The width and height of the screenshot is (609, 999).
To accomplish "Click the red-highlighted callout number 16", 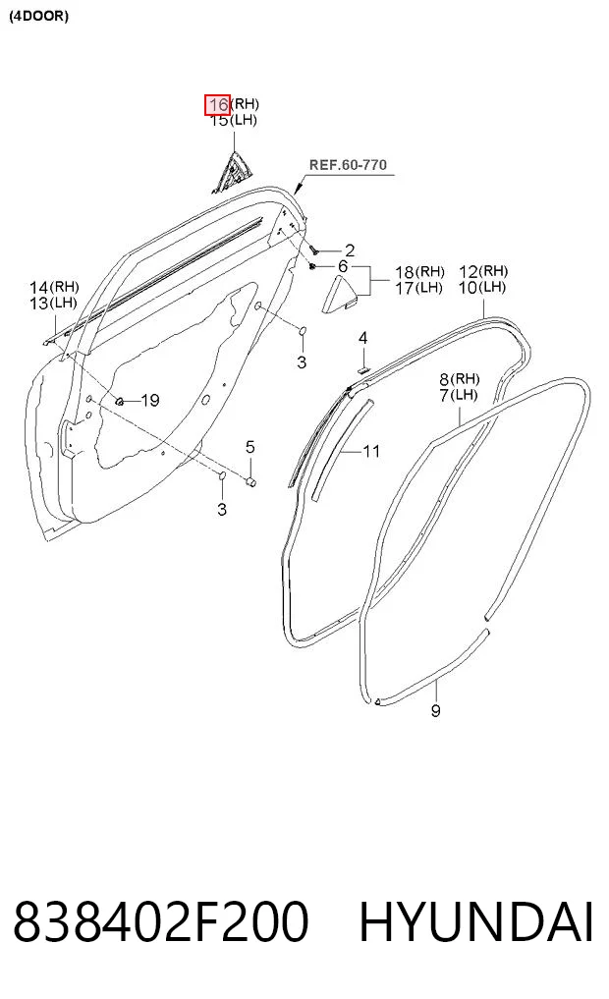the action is pos(217,104).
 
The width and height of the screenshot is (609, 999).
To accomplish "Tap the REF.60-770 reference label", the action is pos(348,165).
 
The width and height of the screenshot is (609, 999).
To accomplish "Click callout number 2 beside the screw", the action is pos(349,251).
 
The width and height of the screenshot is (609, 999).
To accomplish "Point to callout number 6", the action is pos(343,266).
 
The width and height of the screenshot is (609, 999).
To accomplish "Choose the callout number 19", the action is pos(149,400).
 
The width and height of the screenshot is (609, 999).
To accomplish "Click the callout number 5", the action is pos(249,447).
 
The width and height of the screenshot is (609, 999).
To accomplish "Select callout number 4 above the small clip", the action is pos(362,338).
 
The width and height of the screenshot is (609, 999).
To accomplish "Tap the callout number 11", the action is pos(370,452).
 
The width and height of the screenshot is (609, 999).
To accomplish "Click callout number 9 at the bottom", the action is pos(436,710).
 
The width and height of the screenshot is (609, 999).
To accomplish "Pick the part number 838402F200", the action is pos(160,922).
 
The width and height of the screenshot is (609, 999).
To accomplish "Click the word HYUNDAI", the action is pos(476,922).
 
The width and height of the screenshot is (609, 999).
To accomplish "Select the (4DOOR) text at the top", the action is pos(38,17).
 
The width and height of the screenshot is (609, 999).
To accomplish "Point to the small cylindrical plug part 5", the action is pos(251,480).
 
